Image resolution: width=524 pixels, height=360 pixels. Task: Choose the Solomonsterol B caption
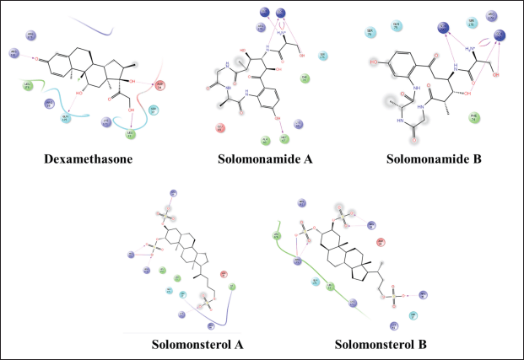coord(381,344)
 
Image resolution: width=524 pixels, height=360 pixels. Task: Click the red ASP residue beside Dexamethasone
coord(159,85)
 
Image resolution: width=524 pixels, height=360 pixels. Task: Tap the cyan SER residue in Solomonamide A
coord(323,56)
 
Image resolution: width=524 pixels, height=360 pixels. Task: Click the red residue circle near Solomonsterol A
coord(224,274)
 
